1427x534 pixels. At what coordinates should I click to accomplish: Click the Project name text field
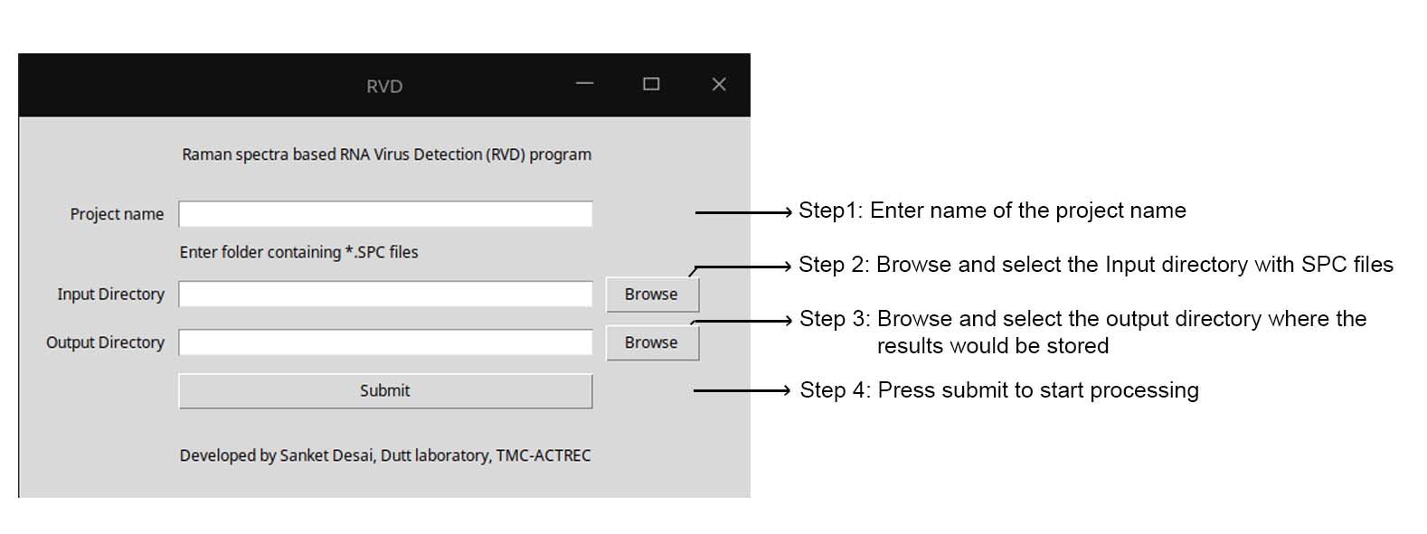tap(385, 214)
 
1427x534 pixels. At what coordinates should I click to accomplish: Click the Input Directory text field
tap(385, 294)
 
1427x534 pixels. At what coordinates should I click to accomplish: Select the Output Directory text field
tap(385, 342)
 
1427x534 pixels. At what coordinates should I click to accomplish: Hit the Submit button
tap(385, 391)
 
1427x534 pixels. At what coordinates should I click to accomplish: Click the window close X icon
tap(719, 84)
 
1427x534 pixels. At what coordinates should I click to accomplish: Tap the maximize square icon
tap(651, 84)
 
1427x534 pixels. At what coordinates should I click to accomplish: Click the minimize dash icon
tap(584, 83)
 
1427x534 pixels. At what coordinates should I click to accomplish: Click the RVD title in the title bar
tap(384, 86)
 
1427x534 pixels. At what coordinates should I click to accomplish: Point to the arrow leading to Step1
tap(743, 212)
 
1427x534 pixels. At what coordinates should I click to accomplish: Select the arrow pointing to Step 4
tap(742, 390)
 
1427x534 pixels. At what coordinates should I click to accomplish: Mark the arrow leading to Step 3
tap(742, 321)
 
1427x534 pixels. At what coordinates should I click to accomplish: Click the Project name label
tap(117, 214)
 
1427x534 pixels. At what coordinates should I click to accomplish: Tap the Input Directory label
tap(111, 294)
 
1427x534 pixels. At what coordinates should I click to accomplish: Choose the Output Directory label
tap(105, 342)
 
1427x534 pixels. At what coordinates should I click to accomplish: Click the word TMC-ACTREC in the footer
tap(543, 455)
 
